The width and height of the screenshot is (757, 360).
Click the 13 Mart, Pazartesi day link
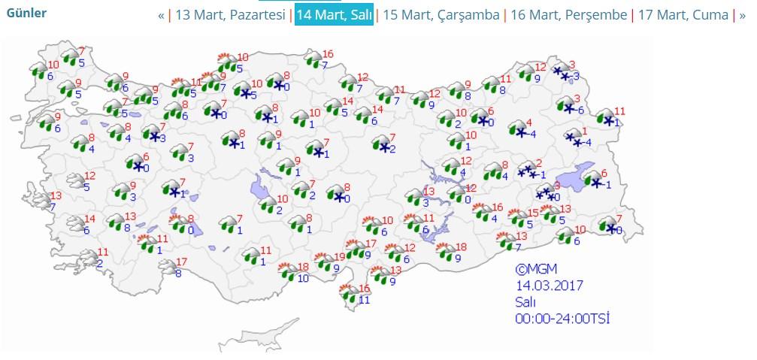tap(230, 15)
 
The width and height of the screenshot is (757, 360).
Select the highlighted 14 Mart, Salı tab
tap(334, 15)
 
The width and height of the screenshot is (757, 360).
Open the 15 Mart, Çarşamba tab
tap(441, 15)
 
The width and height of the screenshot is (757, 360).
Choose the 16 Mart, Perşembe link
tap(568, 15)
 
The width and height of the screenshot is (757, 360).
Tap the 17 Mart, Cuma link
tap(683, 15)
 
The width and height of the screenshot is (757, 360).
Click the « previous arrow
tap(161, 15)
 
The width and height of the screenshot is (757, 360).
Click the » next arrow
tap(743, 15)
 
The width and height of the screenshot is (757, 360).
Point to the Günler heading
tap(26, 13)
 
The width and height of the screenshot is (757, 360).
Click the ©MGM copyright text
tap(536, 268)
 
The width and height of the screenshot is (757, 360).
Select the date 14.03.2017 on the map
tap(549, 286)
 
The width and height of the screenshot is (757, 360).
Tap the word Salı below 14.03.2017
tap(525, 302)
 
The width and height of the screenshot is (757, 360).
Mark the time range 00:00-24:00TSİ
tap(562, 319)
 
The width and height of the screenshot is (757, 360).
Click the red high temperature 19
tap(340, 257)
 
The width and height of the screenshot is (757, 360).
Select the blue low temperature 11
tap(365, 300)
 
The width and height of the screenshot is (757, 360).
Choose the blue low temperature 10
tap(302, 278)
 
